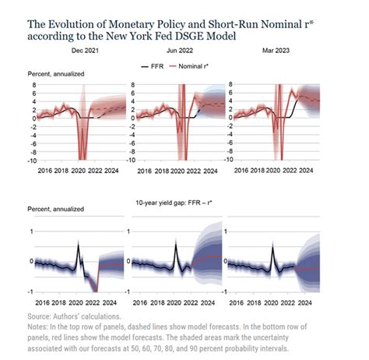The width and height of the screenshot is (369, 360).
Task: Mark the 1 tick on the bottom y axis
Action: pyautogui.click(x=33, y=232)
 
